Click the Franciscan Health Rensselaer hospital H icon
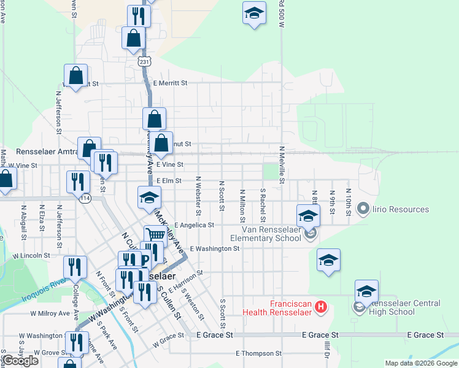[320, 307]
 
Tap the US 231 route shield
[144, 62]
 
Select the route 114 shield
[85, 198]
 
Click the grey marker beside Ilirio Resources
[362, 210]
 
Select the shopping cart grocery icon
[155, 235]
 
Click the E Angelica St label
[194, 226]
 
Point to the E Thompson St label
[258, 354]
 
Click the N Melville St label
[282, 165]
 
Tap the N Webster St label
[198, 196]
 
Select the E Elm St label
[169, 181]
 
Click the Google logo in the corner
[20, 361]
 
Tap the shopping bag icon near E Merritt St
[75, 77]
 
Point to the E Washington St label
[214, 249]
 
